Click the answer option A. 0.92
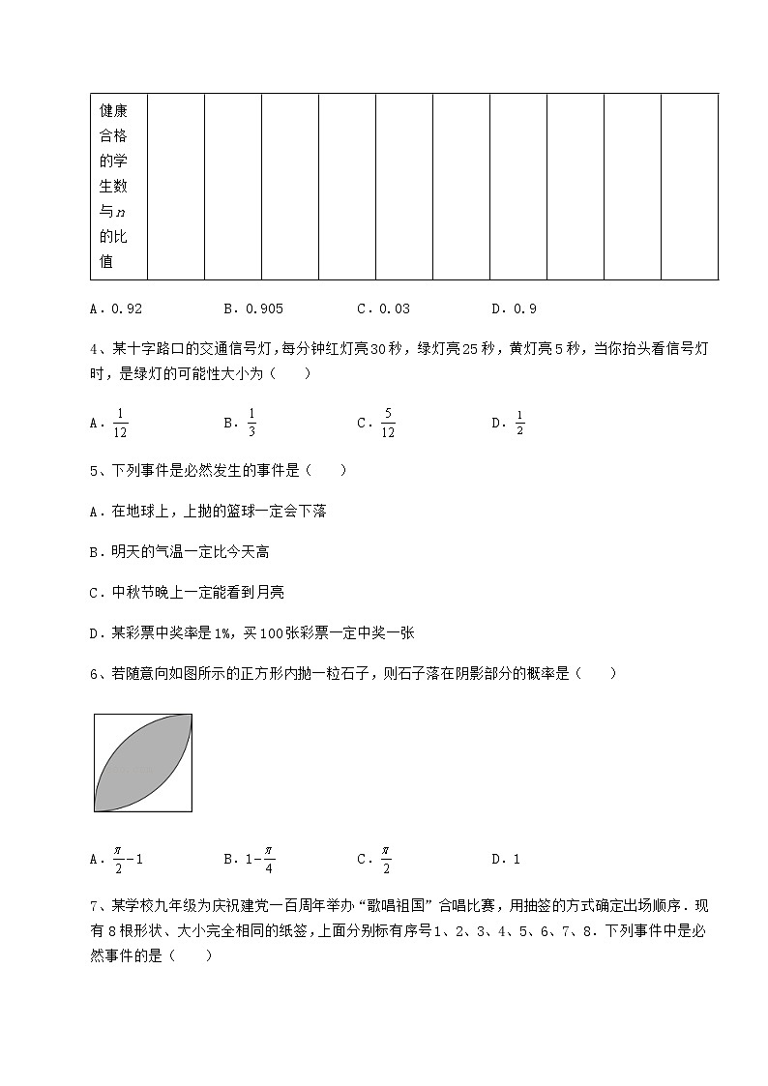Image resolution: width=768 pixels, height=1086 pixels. pos(115,309)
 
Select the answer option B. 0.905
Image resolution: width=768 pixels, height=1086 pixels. pos(252,309)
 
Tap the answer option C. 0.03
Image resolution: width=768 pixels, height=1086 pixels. pos(383,309)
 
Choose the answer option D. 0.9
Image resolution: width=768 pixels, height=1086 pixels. pos(514,309)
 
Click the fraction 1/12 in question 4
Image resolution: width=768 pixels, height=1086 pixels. pos(120,423)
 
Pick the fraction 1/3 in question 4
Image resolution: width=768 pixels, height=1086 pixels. pos(251,423)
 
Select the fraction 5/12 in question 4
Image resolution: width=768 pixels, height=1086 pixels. pos(387,423)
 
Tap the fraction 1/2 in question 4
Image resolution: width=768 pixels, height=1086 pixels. pos(519,423)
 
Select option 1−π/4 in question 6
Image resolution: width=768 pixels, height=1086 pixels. pos(258,859)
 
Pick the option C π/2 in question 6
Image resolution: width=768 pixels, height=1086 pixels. pos(385,859)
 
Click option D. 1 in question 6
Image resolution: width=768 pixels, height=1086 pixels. pos(506,859)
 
